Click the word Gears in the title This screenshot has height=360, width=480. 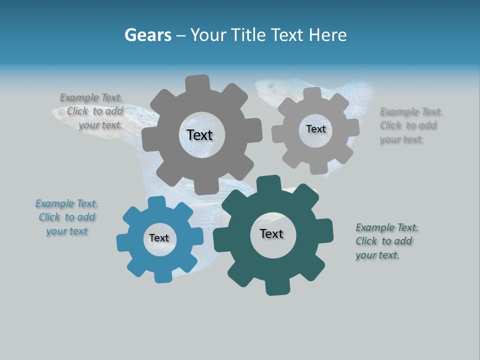pos(148,35)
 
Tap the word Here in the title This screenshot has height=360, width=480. pos(327,35)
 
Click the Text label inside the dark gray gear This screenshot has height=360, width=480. pos(199,135)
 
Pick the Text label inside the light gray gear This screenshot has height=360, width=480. pos(315,129)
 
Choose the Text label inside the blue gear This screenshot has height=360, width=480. pos(159,238)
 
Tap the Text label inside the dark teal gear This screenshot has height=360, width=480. pos(271,233)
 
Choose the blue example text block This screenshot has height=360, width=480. pos(67,217)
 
